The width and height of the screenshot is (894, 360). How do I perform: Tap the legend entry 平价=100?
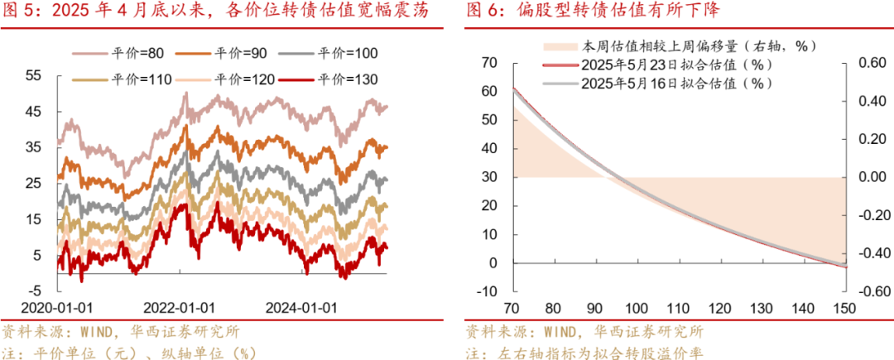coord(348,53)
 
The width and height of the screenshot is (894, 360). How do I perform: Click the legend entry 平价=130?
coord(348,79)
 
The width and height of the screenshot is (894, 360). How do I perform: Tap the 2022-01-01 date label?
coord(179,307)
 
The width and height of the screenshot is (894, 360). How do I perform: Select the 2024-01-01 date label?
coord(301,307)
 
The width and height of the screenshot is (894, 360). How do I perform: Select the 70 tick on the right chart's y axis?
coord(488,63)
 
